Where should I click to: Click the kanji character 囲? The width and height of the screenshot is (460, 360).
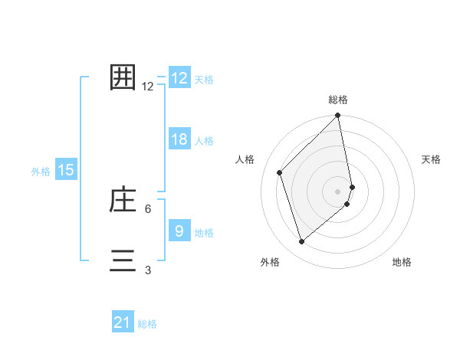point(123,78)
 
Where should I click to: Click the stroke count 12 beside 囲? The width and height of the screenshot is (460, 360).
point(148,87)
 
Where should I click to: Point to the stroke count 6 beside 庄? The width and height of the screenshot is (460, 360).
point(147,208)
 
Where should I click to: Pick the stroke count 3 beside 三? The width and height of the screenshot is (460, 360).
point(147,270)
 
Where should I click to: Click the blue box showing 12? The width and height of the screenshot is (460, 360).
point(179,78)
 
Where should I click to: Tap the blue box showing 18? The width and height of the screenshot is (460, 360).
point(179,139)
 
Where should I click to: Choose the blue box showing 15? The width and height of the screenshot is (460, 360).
point(66,170)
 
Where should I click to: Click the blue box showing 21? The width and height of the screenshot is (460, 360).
point(123,322)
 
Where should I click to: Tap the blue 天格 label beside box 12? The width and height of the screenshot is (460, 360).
point(204,80)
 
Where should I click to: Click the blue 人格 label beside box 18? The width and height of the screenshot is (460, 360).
point(204,141)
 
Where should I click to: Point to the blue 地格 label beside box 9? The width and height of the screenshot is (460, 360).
point(204,232)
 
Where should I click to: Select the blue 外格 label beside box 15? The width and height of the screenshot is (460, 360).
point(41,172)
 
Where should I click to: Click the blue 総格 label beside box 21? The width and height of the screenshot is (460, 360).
point(147,324)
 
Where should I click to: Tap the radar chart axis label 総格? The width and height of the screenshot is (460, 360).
point(338,100)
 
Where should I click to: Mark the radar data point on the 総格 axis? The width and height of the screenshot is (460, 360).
point(338,116)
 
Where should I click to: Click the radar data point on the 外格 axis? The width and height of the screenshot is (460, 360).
point(302,242)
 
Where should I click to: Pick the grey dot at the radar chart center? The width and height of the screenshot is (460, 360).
point(338,191)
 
